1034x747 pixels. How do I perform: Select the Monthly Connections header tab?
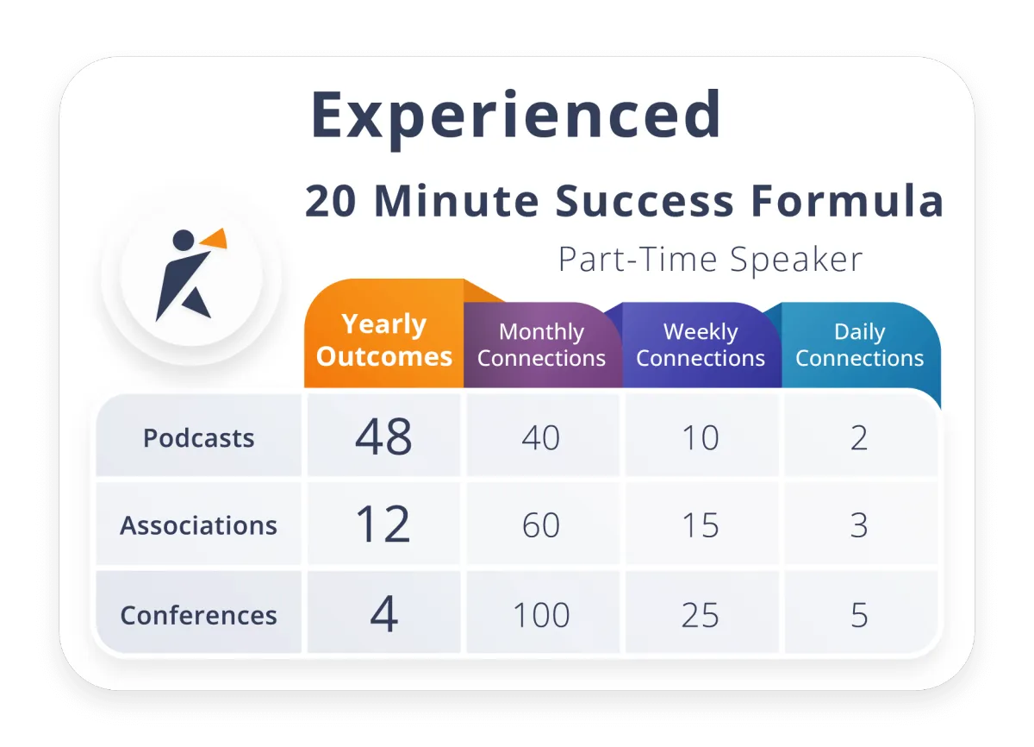click(x=541, y=345)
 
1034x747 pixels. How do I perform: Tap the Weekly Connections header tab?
click(x=701, y=345)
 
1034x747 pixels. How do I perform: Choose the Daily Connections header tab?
click(x=860, y=345)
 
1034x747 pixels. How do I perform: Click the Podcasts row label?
click(x=198, y=437)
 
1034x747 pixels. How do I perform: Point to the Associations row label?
click(x=198, y=525)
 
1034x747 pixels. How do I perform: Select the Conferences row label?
click(x=198, y=615)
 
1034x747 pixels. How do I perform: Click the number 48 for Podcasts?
click(x=383, y=436)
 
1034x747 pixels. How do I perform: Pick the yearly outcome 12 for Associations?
click(x=383, y=524)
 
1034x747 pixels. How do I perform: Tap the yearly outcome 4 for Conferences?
click(x=384, y=613)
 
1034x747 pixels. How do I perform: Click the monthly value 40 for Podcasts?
click(x=541, y=437)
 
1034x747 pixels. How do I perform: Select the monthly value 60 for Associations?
click(x=541, y=525)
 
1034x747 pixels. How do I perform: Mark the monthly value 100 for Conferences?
click(x=541, y=615)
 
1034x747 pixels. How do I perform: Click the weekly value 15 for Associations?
click(x=701, y=525)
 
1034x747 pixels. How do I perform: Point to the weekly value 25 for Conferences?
click(x=701, y=615)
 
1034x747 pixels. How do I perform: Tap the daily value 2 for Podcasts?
click(x=859, y=437)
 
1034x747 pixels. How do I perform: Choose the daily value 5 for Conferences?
click(x=860, y=615)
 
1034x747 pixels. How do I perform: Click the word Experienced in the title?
click(x=515, y=116)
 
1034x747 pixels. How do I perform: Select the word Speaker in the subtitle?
click(x=796, y=259)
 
